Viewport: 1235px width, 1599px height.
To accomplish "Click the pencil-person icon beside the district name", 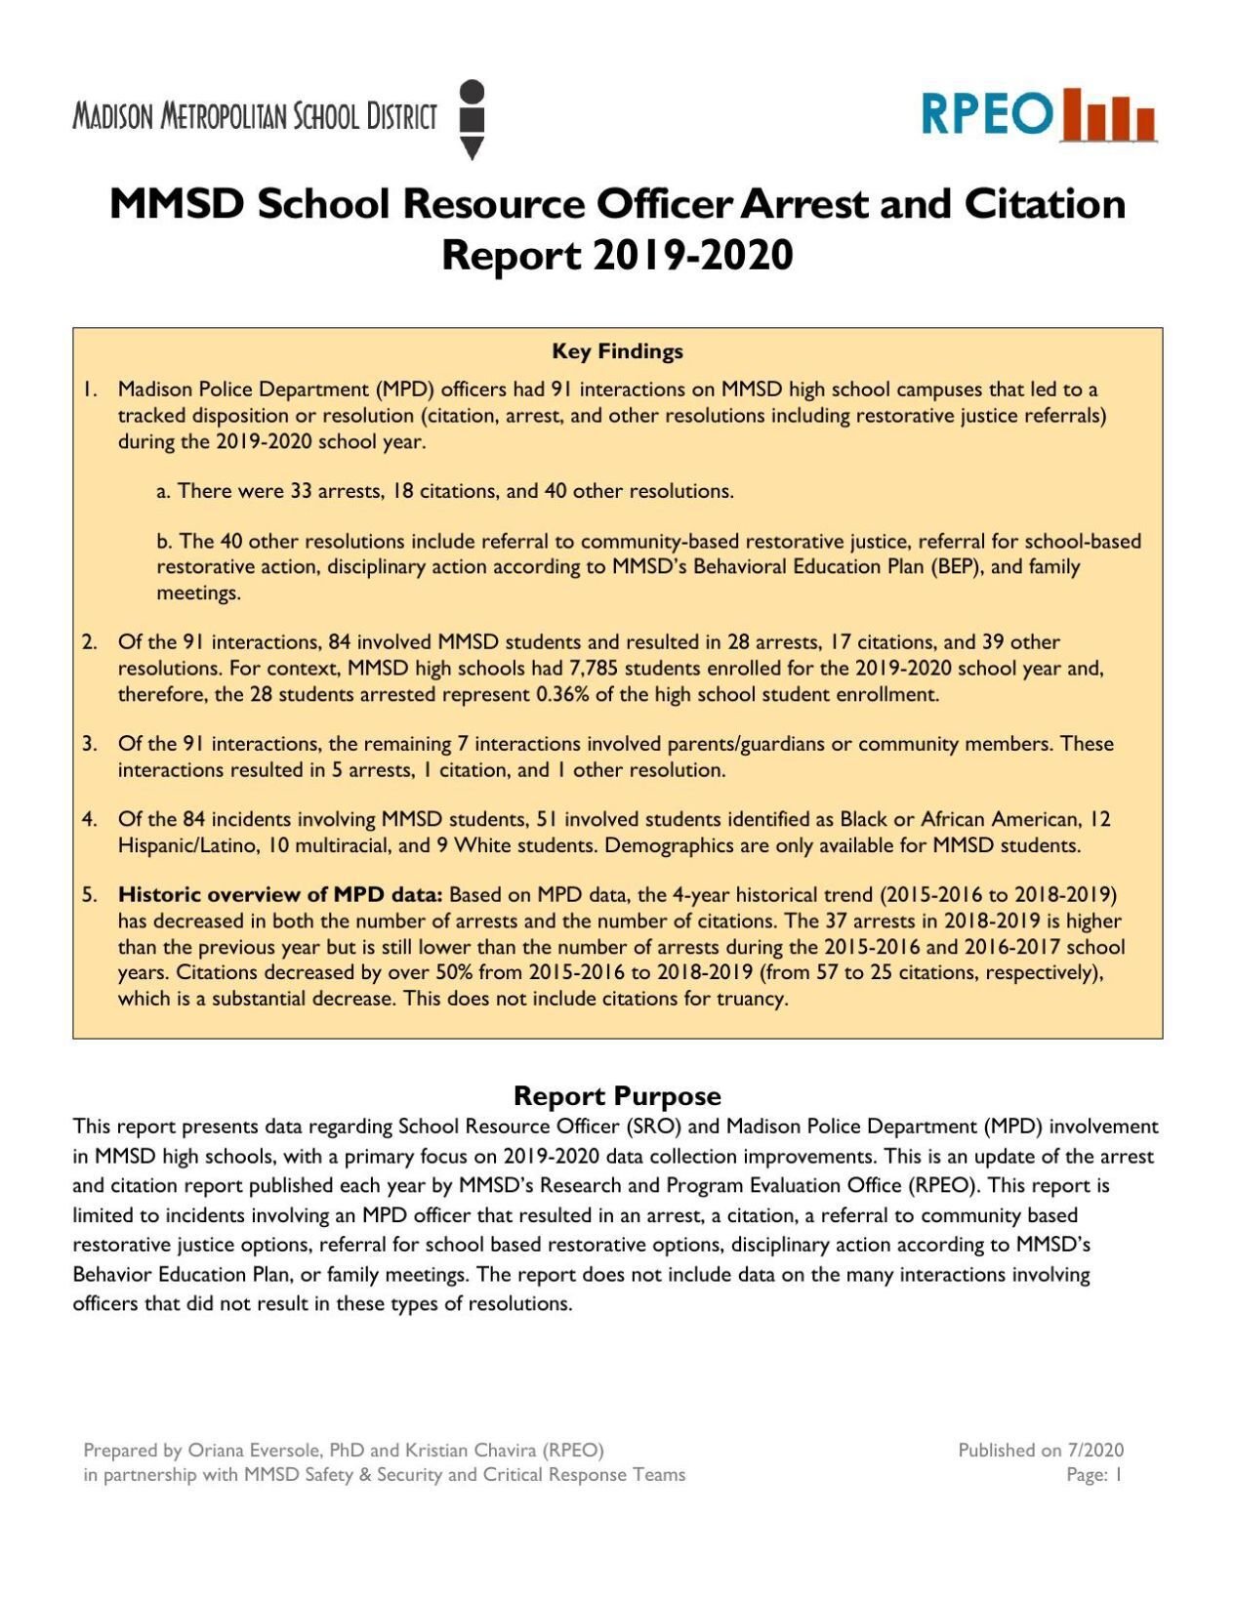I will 472,119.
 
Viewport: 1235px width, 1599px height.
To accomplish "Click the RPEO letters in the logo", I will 986,115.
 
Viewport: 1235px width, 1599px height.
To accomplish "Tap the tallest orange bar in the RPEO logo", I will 1073,114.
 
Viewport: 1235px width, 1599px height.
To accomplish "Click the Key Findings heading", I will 617,351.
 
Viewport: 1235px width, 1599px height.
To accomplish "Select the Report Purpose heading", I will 617,1095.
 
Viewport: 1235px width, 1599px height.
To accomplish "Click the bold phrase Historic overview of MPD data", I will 280,895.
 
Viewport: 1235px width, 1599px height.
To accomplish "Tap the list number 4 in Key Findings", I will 89,820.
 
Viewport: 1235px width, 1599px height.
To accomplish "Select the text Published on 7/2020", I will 1040,1451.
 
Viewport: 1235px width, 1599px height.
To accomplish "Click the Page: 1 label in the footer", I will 1093,1475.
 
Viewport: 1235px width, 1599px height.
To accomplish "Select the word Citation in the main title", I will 1045,204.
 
